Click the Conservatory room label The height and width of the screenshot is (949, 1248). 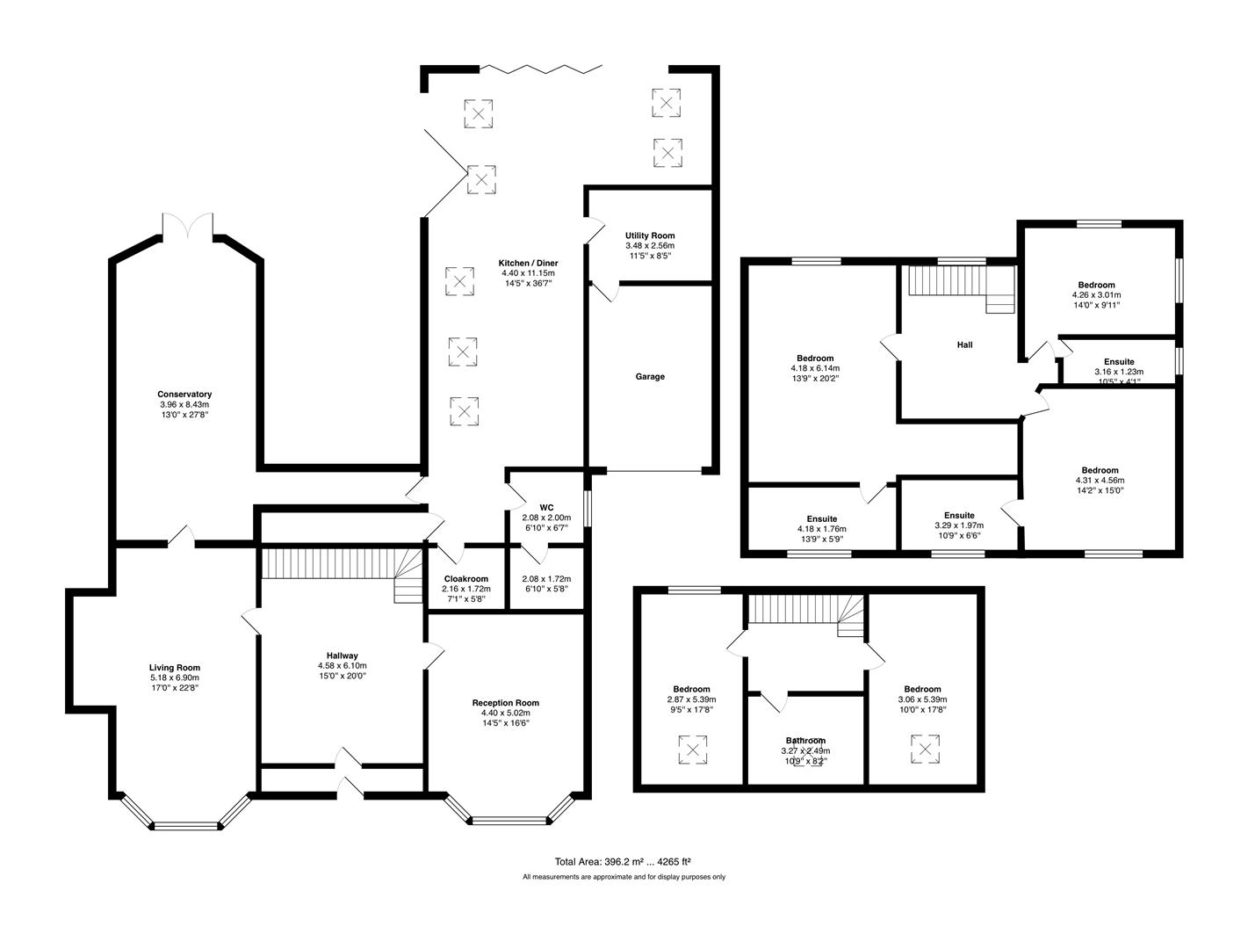(184, 395)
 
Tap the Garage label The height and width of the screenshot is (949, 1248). (650, 376)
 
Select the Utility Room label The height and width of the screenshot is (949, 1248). (650, 235)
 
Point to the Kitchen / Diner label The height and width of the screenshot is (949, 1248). (528, 263)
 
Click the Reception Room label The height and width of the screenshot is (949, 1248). (505, 702)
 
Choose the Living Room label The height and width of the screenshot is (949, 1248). (174, 667)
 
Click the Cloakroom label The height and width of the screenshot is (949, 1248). (465, 578)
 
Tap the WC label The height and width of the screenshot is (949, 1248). (546, 507)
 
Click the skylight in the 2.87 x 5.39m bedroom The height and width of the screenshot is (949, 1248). (693, 750)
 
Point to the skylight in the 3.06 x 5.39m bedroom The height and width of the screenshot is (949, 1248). (924, 750)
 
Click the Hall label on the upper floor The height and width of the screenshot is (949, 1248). (964, 344)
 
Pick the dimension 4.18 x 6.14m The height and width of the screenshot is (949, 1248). (815, 368)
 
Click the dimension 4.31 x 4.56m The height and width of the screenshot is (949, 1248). (1100, 481)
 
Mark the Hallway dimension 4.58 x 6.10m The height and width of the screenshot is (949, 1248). (342, 665)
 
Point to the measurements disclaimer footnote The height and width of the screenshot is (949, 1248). (624, 876)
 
